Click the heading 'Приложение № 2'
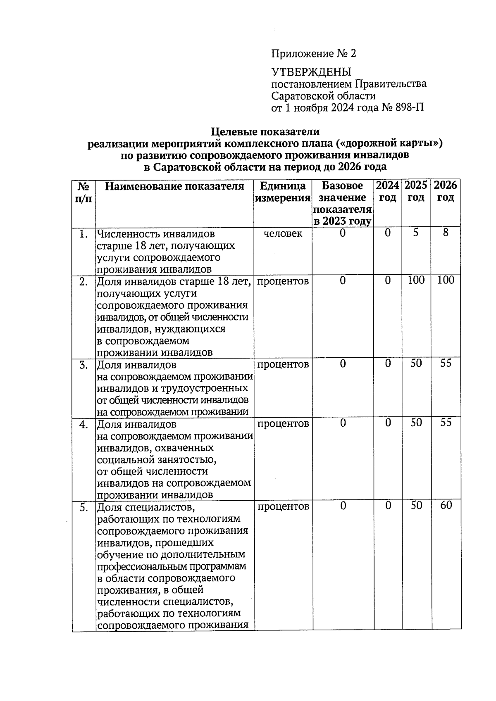point(313,54)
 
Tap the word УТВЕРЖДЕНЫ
point(311,72)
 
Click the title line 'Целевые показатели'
point(265,132)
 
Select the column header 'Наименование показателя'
point(174,186)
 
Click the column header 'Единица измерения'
point(283,192)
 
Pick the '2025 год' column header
point(416,191)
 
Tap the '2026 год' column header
point(445,191)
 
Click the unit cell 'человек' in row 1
point(283,234)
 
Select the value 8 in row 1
point(445,233)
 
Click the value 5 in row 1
point(416,233)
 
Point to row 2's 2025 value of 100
point(416,280)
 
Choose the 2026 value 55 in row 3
point(446,364)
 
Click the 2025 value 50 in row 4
point(416,423)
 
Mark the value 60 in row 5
point(446,506)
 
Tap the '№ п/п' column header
point(84,192)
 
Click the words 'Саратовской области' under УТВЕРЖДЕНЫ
point(323,96)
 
